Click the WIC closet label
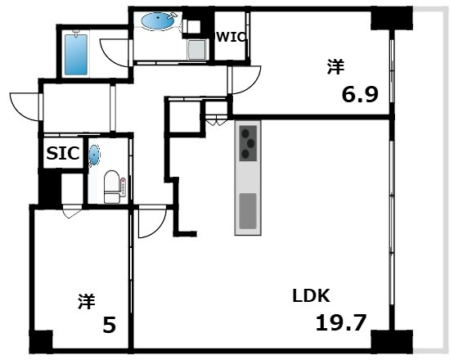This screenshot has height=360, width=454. [231, 37]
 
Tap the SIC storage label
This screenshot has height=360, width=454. [63, 153]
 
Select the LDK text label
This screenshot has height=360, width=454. [311, 295]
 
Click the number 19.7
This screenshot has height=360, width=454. [341, 322]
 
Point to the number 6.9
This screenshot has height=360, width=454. [360, 95]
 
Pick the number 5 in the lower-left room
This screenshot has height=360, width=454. [110, 325]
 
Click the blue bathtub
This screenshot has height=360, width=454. [76, 55]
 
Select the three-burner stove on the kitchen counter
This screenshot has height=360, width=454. [248, 143]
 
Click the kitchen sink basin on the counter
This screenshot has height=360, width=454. [248, 211]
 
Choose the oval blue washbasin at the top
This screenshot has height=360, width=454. [158, 20]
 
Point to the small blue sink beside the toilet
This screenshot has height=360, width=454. [94, 155]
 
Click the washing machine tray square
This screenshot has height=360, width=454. [198, 49]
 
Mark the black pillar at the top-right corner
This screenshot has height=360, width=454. [392, 19]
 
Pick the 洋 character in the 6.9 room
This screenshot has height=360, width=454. [336, 66]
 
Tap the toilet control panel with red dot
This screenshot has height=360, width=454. [124, 187]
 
